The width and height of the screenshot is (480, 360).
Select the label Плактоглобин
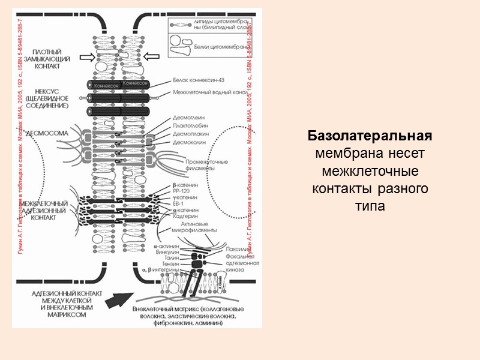point(191,127)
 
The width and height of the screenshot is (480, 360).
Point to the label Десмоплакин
point(190,135)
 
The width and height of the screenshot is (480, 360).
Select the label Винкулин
point(166,252)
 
